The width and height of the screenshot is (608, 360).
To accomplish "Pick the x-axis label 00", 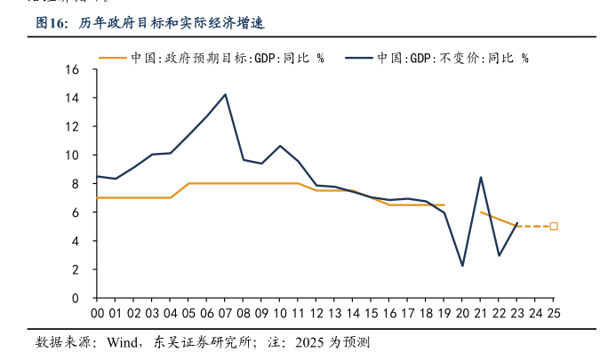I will (97, 313).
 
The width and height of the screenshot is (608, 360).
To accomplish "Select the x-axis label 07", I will (225, 313).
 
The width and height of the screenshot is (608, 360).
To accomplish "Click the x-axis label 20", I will (462, 313).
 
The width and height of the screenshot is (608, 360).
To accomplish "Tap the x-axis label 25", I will (554, 313).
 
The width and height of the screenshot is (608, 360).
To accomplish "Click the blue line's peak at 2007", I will (225, 94).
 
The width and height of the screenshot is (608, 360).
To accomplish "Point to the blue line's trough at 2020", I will (462, 266).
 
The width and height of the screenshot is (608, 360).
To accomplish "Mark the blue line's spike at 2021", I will (481, 177).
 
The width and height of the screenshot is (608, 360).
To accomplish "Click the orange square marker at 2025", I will (554, 227).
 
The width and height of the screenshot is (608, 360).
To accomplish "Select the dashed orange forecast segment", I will (533, 227).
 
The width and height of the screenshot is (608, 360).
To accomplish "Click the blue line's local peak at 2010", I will (280, 146).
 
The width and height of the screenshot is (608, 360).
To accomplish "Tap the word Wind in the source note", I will (123, 343).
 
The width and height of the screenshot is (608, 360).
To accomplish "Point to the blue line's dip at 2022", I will (499, 256).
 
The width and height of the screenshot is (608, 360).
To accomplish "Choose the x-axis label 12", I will (316, 313).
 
